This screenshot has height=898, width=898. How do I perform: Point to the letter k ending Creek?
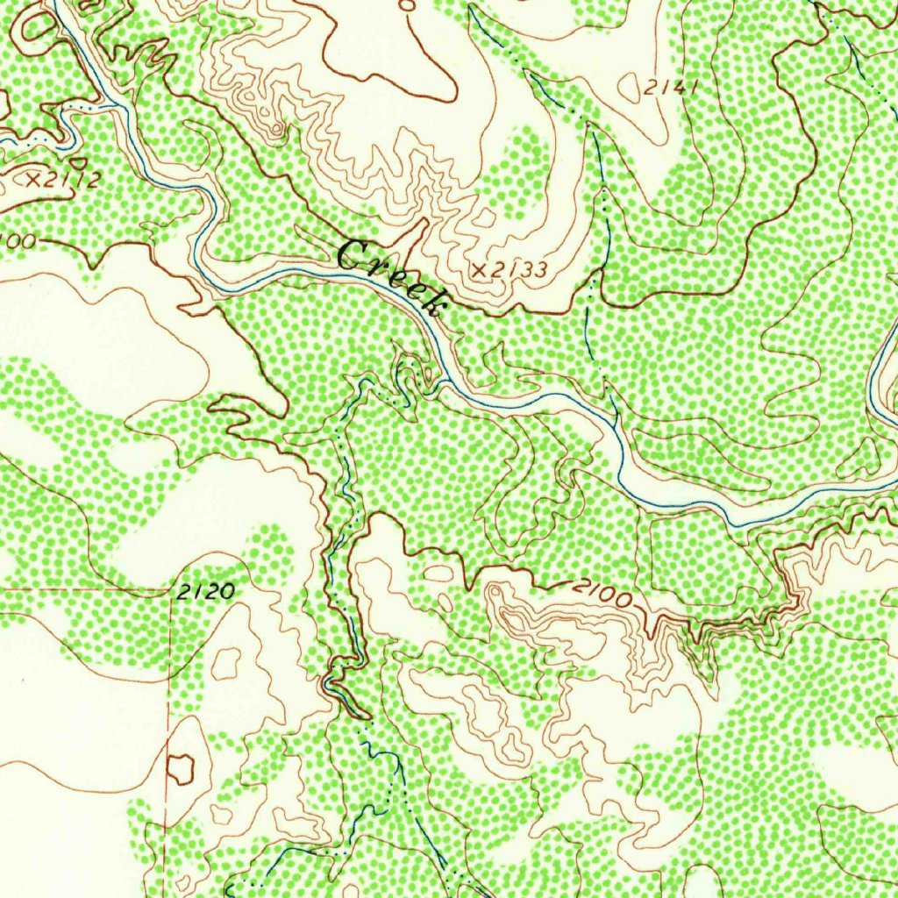click(434, 303)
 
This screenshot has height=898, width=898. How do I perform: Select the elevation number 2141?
click(671, 88)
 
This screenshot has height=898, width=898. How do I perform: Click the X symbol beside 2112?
click(34, 179)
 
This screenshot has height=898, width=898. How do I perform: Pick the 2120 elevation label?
click(205, 592)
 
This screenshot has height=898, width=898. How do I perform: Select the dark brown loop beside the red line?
click(180, 768)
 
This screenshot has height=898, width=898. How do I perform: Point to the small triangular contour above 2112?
click(79, 161)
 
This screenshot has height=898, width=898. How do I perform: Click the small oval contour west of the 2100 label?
click(436, 572)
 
